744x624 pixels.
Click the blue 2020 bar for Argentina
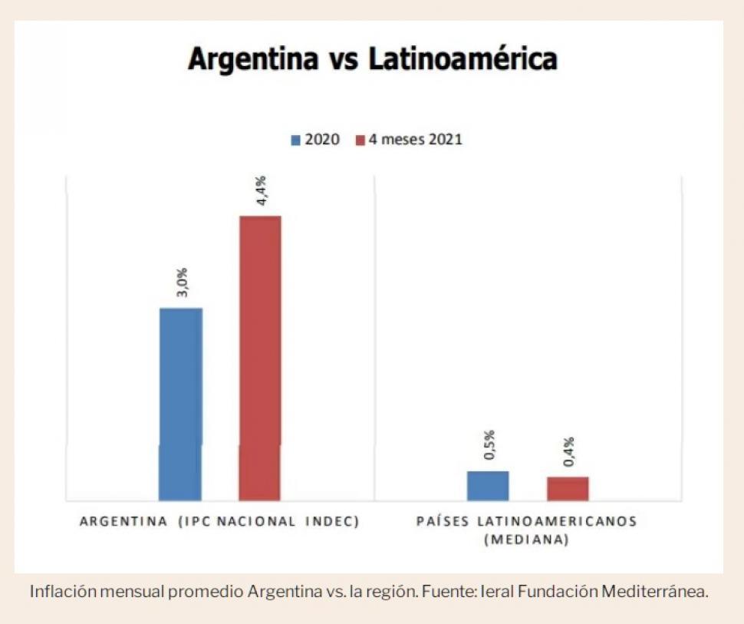click(180, 404)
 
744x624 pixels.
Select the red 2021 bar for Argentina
click(260, 358)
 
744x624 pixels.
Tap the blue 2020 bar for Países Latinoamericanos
click(488, 486)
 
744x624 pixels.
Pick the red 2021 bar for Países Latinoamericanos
click(568, 489)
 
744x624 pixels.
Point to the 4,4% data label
click(262, 190)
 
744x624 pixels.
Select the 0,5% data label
click(489, 445)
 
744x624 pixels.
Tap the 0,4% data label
click(569, 451)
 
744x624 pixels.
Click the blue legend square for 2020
click(295, 140)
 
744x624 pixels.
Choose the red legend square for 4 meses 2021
click(360, 140)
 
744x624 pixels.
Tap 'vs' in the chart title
click(334, 60)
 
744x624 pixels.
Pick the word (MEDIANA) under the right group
click(525, 540)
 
